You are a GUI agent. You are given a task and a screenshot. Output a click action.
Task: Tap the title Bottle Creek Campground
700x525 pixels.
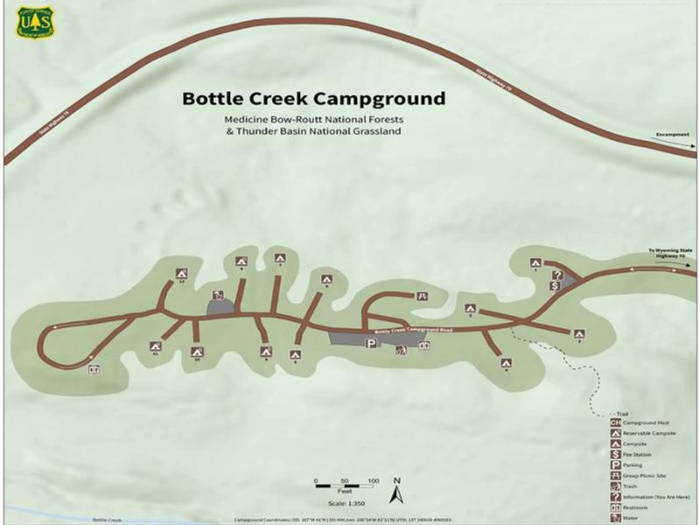click(313, 98)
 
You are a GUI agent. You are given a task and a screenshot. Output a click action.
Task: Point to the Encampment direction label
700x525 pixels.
click(672, 136)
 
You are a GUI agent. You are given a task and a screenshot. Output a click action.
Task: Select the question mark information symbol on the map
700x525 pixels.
click(556, 274)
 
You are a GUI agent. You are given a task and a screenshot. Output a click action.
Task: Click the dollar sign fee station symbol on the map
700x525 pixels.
click(555, 285)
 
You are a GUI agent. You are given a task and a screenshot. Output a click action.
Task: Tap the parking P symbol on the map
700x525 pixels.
click(370, 344)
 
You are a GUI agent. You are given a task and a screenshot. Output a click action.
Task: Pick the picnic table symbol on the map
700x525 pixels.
click(423, 297)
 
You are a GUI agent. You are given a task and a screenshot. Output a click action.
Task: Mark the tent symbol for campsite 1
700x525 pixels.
click(535, 262)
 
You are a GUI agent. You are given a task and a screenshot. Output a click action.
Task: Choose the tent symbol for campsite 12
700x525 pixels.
click(181, 272)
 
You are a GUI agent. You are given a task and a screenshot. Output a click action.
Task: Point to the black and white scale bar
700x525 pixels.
click(345, 482)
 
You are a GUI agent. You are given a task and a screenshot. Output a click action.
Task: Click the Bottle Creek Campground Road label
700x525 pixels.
click(411, 330)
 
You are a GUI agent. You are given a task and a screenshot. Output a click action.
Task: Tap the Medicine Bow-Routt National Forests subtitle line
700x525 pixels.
click(313, 118)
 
